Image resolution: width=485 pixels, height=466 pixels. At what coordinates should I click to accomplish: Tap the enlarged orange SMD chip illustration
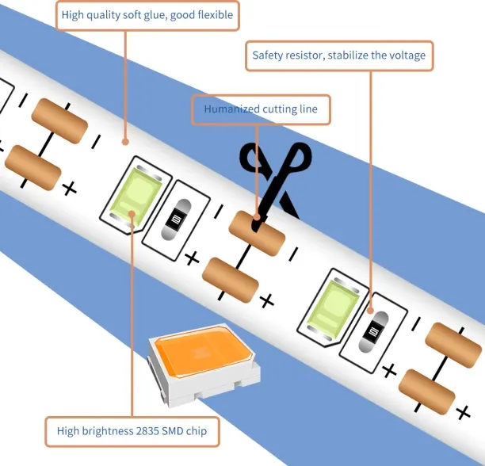tap(204, 365)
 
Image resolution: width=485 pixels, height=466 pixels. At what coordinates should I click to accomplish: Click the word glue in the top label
tap(155, 15)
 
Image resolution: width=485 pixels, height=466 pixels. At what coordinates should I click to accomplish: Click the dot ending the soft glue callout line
tap(125, 142)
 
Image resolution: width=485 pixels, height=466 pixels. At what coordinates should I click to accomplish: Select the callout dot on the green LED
tap(132, 214)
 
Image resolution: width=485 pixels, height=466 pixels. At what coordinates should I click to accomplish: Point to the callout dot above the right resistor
tap(371, 311)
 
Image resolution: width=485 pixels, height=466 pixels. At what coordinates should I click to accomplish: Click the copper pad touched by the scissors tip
tap(257, 234)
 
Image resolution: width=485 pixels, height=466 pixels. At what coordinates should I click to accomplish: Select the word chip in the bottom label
tap(197, 431)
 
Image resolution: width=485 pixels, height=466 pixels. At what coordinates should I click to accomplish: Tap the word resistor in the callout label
tap(305, 55)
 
